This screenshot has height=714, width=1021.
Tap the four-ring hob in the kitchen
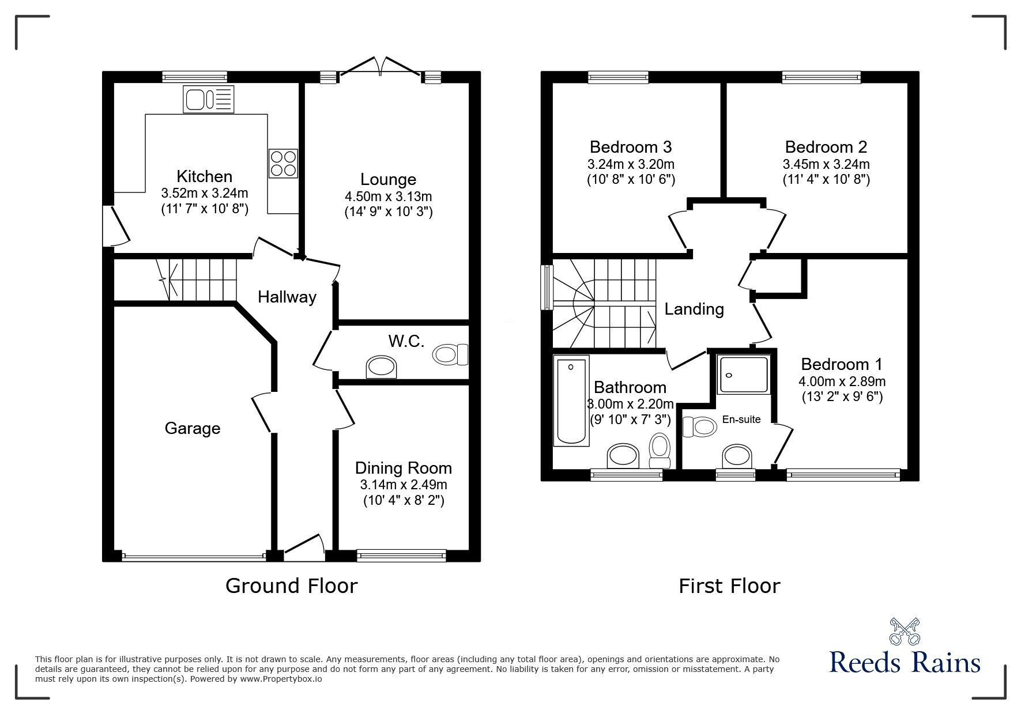(283, 163)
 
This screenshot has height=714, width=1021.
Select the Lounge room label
(388, 179)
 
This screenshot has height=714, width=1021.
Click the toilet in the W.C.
(450, 353)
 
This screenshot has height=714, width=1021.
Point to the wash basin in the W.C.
(382, 367)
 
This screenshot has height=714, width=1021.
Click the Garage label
(192, 428)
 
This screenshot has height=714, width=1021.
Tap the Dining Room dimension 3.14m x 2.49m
(403, 485)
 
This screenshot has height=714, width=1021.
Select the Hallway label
(287, 297)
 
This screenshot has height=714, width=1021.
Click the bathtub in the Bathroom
(571, 401)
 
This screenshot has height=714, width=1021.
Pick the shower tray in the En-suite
(743, 375)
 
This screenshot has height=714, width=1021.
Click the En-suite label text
(741, 420)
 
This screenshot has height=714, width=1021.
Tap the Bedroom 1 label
(841, 364)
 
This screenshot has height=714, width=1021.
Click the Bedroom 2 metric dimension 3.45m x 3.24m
(826, 164)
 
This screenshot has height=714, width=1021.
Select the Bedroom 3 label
(630, 147)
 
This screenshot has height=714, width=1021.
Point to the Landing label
(694, 309)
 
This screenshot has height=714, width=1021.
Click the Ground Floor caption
(291, 585)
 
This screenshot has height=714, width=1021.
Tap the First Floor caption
(729, 585)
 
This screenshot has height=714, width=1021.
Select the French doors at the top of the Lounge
(380, 66)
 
